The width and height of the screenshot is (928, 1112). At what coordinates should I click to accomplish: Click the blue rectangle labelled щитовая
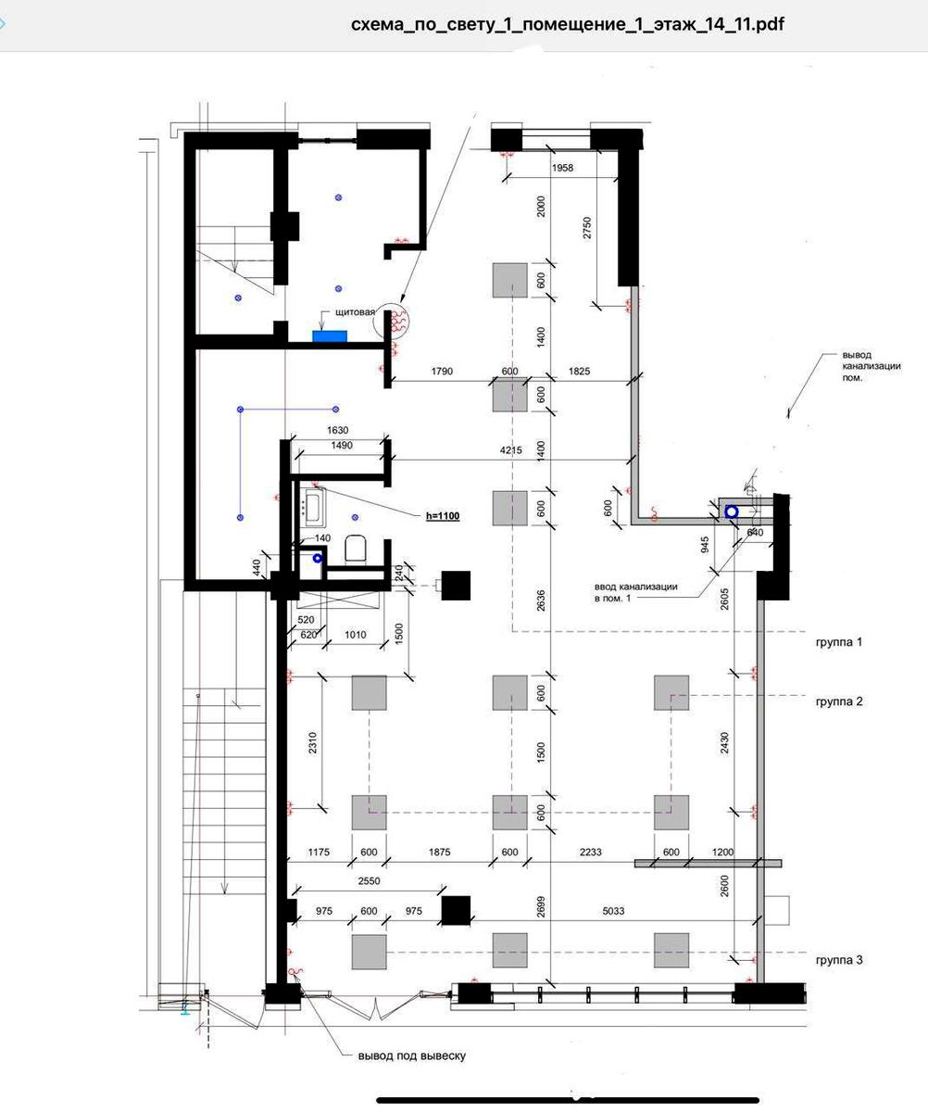tap(330, 336)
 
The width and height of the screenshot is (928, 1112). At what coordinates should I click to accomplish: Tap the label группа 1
tap(838, 642)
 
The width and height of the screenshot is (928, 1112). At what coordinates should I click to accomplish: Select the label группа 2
tap(838, 701)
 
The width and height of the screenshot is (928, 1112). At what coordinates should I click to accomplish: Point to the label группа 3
tap(838, 960)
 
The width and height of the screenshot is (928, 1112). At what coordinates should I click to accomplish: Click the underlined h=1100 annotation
tap(443, 515)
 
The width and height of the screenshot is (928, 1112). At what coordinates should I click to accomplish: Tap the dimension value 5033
tap(613, 911)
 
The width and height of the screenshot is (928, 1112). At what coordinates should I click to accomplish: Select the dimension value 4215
tap(510, 450)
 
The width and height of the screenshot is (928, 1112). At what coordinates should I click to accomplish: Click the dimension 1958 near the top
tap(562, 168)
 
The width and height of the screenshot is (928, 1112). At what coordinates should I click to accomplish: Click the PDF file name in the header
tap(568, 24)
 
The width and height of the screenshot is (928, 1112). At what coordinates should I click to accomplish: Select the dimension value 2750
tap(587, 227)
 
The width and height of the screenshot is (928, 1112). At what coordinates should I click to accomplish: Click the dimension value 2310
tap(312, 743)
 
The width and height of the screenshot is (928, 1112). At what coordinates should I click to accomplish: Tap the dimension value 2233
tap(591, 853)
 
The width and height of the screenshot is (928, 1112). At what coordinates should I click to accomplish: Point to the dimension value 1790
tap(442, 371)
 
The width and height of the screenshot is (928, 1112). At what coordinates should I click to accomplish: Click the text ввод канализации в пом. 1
tap(635, 592)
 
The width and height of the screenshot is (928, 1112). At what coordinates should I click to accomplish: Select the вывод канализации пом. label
tap(871, 366)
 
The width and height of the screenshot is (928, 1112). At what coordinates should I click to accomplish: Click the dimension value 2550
tap(369, 881)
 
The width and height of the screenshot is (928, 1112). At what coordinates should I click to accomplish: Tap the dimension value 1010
tap(355, 634)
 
